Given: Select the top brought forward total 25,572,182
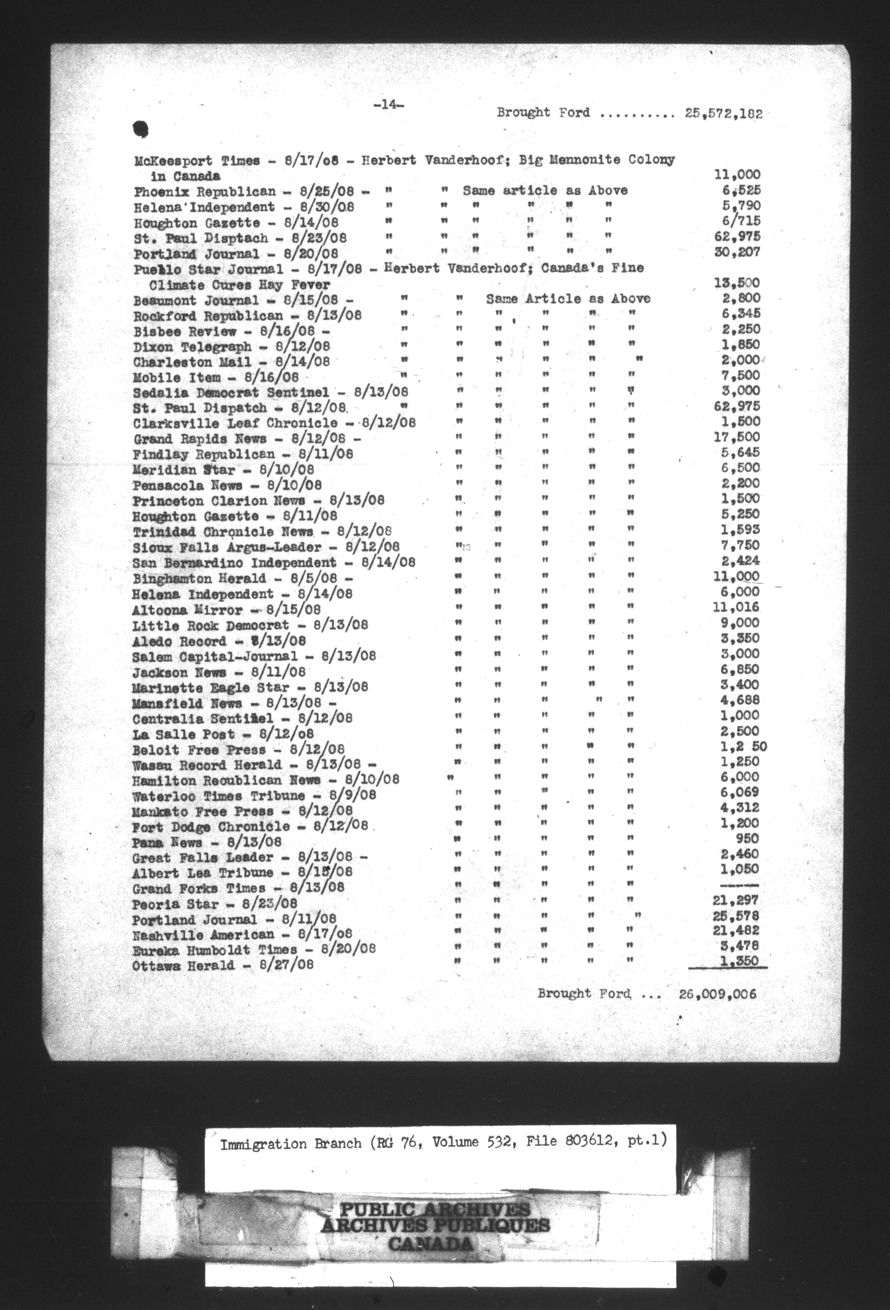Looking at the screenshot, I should tap(724, 113).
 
